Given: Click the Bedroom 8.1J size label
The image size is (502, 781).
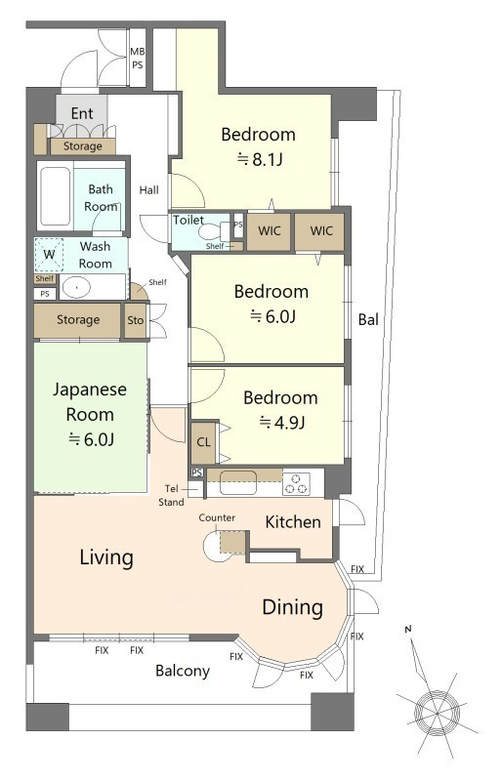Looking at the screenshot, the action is [259, 159].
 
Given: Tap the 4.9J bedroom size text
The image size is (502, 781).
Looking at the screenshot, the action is [281, 423].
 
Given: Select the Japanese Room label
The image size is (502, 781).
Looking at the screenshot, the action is [90, 401].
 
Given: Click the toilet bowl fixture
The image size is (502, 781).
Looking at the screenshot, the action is [210, 231].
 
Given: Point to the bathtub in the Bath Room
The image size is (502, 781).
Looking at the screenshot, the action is [55, 196].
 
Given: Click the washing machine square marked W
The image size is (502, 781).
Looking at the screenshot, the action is [49, 255].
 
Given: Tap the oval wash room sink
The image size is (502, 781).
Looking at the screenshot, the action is [76, 287].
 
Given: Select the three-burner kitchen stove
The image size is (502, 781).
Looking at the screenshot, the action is [296, 483].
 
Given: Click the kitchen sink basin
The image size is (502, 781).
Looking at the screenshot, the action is [238, 482].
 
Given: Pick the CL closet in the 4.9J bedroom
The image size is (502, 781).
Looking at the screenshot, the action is [203, 442].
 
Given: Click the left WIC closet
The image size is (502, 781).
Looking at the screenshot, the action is [269, 231].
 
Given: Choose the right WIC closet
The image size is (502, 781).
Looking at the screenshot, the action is [320, 231].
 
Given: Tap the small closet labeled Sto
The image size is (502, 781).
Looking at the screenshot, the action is [135, 320].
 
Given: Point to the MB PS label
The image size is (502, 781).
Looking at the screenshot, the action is [137, 58].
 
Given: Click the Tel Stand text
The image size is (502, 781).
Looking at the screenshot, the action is [172, 496].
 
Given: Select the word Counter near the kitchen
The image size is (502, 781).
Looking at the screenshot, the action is [217, 518].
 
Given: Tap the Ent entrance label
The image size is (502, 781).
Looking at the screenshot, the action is [82, 113].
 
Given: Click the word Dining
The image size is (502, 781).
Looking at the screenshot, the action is [293, 607].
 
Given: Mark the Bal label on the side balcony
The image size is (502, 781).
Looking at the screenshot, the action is [368, 319].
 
